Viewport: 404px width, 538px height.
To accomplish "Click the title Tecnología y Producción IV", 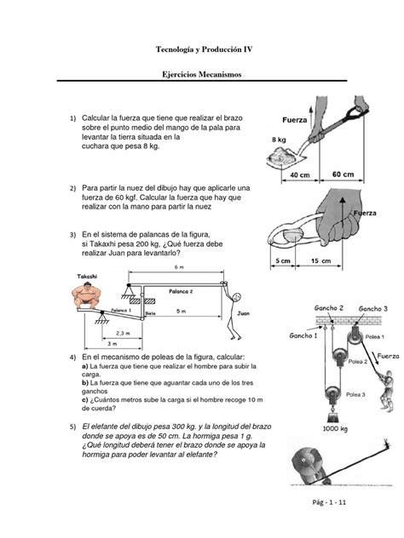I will pyautogui.click(x=202, y=49).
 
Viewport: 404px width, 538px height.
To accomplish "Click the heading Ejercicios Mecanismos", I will pyautogui.click(x=202, y=77).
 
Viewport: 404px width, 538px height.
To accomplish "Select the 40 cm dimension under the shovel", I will pyautogui.click(x=298, y=175).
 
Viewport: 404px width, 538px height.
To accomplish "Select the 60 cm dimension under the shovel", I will pyautogui.click(x=343, y=175).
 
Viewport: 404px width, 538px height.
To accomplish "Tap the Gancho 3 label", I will pyautogui.click(x=374, y=307).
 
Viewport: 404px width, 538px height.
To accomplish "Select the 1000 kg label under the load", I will pyautogui.click(x=332, y=430).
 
